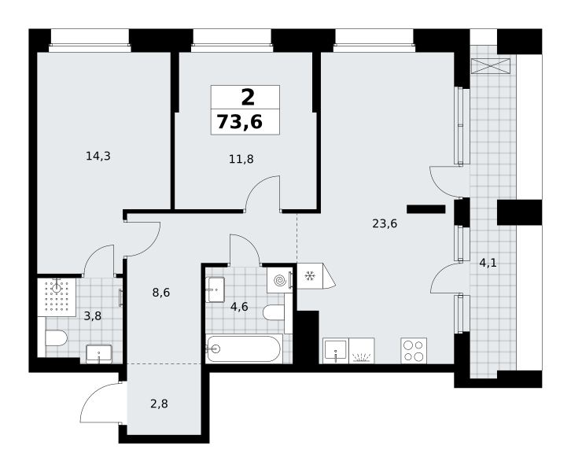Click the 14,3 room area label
pyautogui.click(x=98, y=157)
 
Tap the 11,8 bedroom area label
pyautogui.click(x=241, y=159)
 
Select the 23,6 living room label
pyautogui.click(x=385, y=223)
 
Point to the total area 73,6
pyautogui.click(x=240, y=122)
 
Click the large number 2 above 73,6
pyautogui.click(x=248, y=98)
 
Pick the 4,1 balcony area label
pyautogui.click(x=488, y=263)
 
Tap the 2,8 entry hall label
pyautogui.click(x=159, y=404)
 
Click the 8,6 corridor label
pyautogui.click(x=161, y=293)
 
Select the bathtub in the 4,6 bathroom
pyautogui.click(x=244, y=348)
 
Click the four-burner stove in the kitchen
pyautogui.click(x=414, y=351)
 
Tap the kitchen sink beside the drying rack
pyautogui.click(x=336, y=351)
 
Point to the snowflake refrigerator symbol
pyautogui.click(x=310, y=276)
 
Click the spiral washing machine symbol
pyautogui.click(x=280, y=280)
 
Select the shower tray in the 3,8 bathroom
pyautogui.click(x=57, y=297)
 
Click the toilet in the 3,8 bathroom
pyautogui.click(x=56, y=338)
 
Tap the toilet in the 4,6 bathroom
pyautogui.click(x=274, y=312)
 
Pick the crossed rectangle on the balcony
pyautogui.click(x=491, y=66)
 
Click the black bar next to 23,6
pyautogui.click(x=426, y=209)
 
